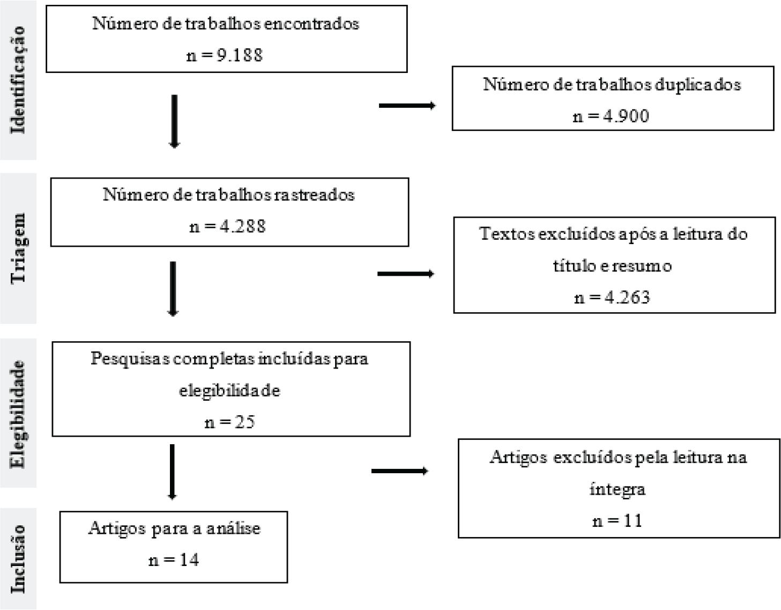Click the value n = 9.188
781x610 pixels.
point(225,55)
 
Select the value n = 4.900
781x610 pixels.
point(611,116)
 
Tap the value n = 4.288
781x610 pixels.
point(227,226)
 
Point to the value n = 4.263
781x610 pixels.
point(612,297)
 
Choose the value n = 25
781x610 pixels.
point(229,422)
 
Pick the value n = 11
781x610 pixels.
point(617,521)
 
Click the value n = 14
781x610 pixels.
point(174,560)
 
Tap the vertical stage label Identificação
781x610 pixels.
point(18,80)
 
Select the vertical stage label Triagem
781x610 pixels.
point(18,248)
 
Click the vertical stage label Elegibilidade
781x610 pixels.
point(18,414)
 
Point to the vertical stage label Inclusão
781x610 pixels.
point(18,558)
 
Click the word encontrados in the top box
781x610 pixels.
point(311,24)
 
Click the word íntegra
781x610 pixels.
point(617,490)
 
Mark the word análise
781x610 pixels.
point(233,528)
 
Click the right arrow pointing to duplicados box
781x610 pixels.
point(407,105)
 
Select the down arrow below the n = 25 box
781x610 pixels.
point(172,472)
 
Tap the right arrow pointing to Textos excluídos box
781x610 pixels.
point(406,274)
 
